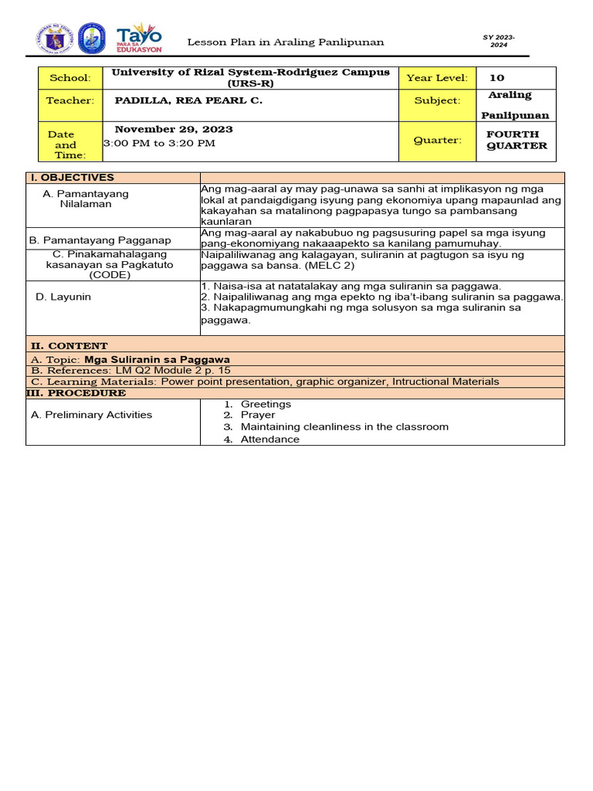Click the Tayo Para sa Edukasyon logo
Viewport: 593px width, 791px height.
[139, 39]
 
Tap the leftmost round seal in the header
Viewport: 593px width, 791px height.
[52, 39]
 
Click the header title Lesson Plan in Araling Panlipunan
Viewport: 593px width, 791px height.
[286, 42]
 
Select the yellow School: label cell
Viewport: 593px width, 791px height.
[70, 78]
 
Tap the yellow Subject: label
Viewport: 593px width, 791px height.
[436, 100]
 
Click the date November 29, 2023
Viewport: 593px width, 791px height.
[174, 129]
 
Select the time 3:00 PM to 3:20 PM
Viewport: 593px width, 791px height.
[159, 143]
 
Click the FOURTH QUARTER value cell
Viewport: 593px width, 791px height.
[516, 140]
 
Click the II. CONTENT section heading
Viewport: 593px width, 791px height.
[69, 345]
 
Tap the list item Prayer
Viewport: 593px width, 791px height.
[257, 416]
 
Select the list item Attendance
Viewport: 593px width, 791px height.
[269, 439]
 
